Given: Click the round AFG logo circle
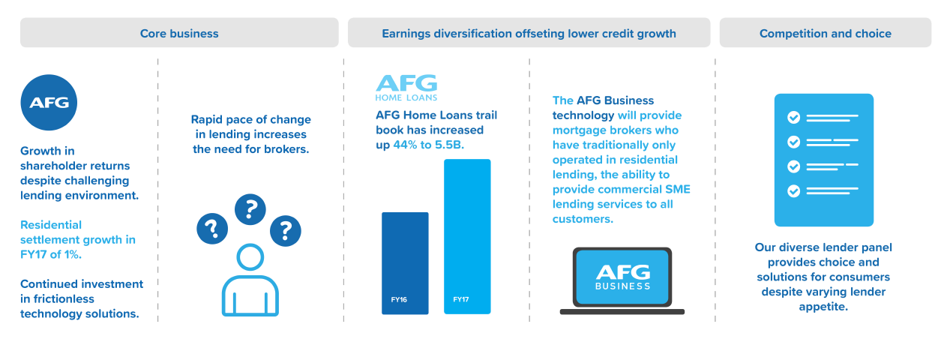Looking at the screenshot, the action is [49, 102].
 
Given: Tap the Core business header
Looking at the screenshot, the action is [179, 33].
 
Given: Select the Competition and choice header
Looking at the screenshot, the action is [826, 33].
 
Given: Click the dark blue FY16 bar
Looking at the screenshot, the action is [405, 263].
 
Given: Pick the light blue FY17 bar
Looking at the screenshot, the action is [467, 236].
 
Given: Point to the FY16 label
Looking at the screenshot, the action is [399, 299].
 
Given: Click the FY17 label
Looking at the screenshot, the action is [461, 299].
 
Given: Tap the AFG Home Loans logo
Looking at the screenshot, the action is [406, 88].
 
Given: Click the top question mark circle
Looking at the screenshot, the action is [250, 209].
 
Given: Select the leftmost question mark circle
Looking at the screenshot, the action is [212, 229].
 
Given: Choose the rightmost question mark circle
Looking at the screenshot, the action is [286, 231].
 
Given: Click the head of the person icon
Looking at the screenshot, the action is [250, 257].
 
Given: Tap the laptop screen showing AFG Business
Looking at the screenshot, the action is [622, 277].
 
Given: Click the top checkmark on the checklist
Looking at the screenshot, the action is [793, 117].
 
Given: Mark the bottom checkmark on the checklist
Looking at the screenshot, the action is [793, 191].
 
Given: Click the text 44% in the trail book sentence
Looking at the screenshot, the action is [405, 145].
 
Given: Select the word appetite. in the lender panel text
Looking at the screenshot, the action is [823, 307].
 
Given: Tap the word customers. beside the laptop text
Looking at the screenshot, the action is [583, 219].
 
